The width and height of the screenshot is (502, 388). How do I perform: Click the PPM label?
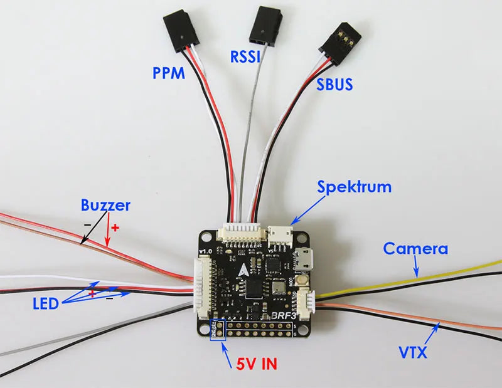[x=169, y=73]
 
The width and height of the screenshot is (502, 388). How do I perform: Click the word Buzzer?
[x=105, y=204]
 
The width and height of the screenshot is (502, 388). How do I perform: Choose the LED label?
[x=46, y=304]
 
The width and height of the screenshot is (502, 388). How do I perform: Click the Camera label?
[x=415, y=248]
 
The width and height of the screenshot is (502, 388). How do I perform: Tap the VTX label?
[x=413, y=352]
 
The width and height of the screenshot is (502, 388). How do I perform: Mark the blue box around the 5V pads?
[x=217, y=329]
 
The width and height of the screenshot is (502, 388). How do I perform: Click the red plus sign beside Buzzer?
[x=114, y=226]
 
